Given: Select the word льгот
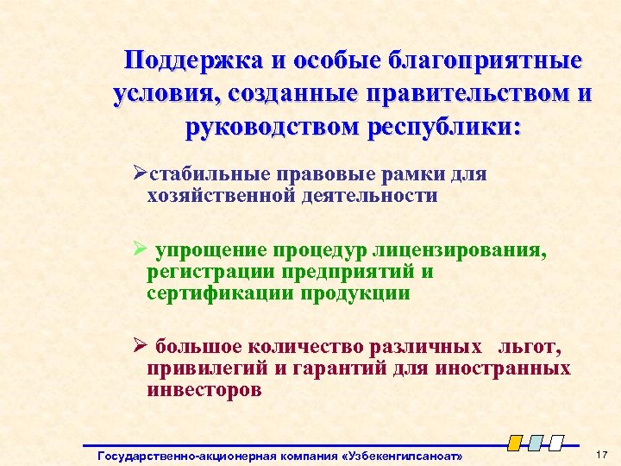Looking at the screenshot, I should pos(528,349).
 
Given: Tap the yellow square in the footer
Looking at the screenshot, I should pos(515,442).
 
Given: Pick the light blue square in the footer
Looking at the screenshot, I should pos(536,442).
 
